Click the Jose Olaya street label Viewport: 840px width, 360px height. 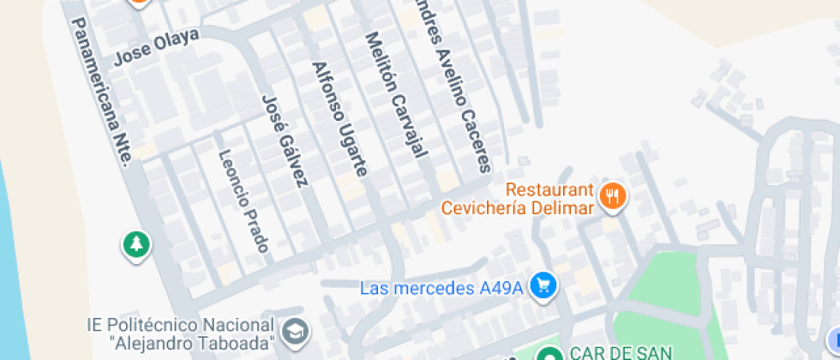click(x=157, y=46)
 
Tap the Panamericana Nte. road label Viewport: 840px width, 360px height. click(x=101, y=92)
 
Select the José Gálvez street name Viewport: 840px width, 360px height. click(x=285, y=141)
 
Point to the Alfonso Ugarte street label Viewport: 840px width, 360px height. click(x=339, y=119)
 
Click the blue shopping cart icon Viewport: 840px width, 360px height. click(x=541, y=286)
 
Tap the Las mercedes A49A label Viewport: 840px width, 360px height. click(x=441, y=288)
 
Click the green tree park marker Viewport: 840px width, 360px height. click(x=136, y=245)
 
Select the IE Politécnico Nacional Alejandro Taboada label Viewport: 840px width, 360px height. click(x=180, y=334)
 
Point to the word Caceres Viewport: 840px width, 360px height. click(x=476, y=142)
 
